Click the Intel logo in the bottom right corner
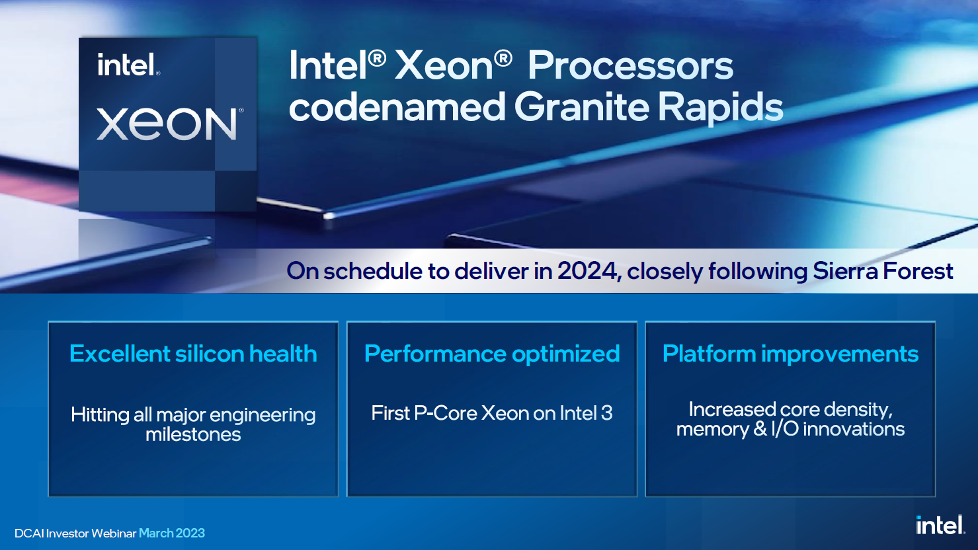(940, 525)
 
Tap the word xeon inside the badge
(167, 124)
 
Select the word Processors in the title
(630, 66)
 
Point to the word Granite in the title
(581, 107)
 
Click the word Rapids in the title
(720, 108)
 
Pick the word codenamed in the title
(397, 107)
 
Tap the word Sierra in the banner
(845, 271)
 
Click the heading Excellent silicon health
(193, 354)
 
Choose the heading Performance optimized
(492, 354)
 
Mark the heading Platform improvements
(790, 354)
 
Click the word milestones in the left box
(193, 435)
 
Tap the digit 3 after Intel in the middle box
(607, 413)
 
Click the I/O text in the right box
(785, 429)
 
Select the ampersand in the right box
(760, 429)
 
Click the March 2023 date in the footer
(171, 533)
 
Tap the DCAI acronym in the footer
(29, 533)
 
